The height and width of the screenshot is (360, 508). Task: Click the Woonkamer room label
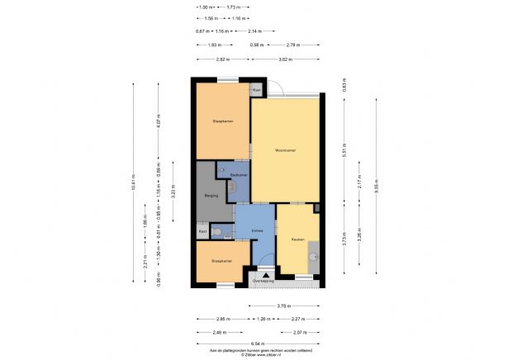[x=285, y=150]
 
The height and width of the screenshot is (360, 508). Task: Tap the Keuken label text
[x=297, y=239]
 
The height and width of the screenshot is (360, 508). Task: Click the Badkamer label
[x=239, y=174]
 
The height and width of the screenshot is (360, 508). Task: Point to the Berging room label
[x=211, y=196]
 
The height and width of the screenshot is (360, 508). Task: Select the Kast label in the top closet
[x=257, y=89]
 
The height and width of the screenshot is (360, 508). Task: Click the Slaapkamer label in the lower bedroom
[x=221, y=261]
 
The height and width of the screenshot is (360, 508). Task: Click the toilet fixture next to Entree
[x=217, y=233]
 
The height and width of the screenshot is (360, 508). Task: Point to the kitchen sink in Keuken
[x=313, y=258]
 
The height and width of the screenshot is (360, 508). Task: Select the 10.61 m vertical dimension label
[x=133, y=186]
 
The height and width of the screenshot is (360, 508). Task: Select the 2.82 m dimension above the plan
[x=222, y=60]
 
